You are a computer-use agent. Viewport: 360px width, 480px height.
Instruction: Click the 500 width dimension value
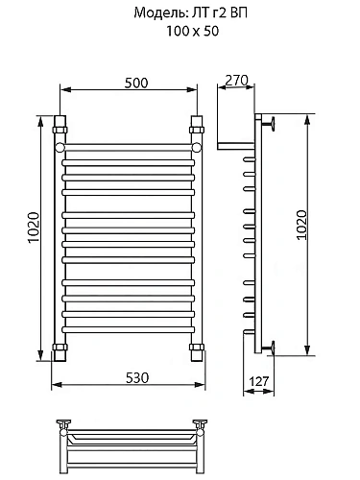pyautogui.click(x=136, y=83)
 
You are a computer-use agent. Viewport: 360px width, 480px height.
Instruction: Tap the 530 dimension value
pyautogui.click(x=137, y=378)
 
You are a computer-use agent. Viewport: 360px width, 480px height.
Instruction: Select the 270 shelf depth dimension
pyautogui.click(x=236, y=81)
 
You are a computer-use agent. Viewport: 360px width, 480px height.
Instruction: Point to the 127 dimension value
pyautogui.click(x=259, y=381)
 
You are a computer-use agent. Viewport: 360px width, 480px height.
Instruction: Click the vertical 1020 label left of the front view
pyautogui.click(x=34, y=228)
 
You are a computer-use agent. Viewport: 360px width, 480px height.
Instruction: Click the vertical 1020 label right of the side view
pyautogui.click(x=301, y=225)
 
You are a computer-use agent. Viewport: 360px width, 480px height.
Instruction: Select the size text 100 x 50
pyautogui.click(x=193, y=31)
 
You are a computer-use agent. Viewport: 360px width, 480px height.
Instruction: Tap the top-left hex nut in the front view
pyautogui.click(x=60, y=130)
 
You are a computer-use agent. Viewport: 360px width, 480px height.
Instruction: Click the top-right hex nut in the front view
pyautogui.click(x=197, y=130)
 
